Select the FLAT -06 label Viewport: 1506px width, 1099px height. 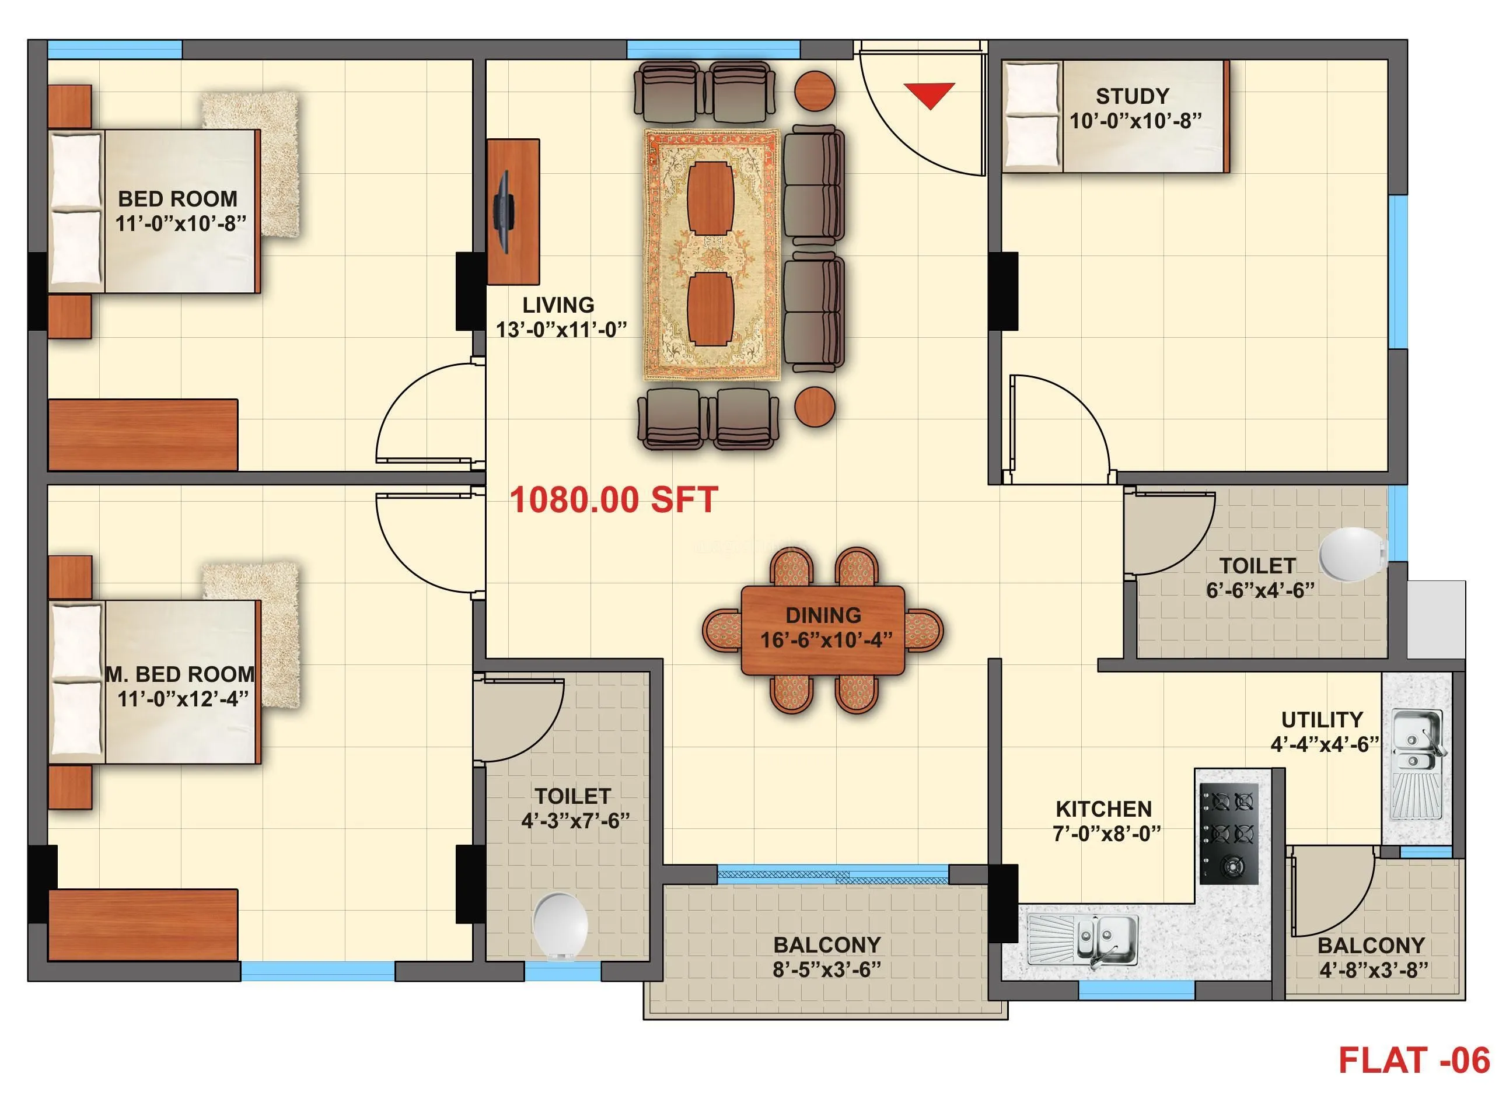click(1413, 1060)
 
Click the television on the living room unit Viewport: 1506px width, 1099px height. click(503, 212)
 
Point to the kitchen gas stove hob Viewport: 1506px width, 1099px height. click(1229, 834)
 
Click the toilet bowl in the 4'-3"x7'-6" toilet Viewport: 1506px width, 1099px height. click(560, 925)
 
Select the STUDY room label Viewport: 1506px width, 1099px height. click(1132, 96)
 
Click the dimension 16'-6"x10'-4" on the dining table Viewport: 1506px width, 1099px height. click(826, 640)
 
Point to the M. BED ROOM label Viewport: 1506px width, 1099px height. click(180, 674)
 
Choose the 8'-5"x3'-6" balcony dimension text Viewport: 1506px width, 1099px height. click(827, 970)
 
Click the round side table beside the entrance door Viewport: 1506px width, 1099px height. click(815, 90)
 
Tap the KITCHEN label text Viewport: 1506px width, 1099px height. click(1103, 809)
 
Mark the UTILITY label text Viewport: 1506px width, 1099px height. click(1322, 720)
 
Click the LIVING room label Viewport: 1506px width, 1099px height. click(558, 304)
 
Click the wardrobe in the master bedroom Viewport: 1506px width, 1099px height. click(143, 924)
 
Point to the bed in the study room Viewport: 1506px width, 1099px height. click(1114, 117)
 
